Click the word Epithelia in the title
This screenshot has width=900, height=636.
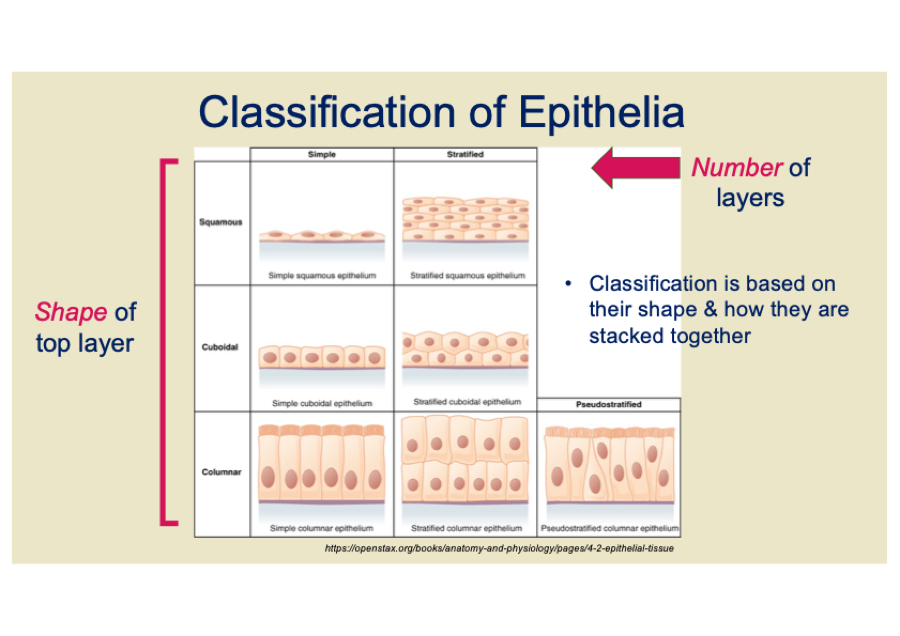(601, 113)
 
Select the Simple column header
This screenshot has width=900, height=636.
(322, 154)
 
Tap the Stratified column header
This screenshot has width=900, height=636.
(466, 154)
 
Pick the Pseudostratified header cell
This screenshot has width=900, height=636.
(609, 405)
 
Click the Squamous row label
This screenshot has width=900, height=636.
(220, 222)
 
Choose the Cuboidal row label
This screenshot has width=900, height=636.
(220, 347)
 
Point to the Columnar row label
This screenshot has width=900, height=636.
(222, 472)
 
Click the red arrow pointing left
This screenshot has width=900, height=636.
(636, 168)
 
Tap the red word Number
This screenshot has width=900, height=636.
(737, 167)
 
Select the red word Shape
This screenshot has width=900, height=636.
(71, 312)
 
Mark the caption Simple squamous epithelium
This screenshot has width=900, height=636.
(322, 276)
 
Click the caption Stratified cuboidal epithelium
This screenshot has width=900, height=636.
(467, 402)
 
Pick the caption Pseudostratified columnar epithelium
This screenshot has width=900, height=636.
(609, 529)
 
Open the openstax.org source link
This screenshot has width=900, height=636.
(499, 548)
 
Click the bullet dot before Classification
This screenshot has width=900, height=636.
(568, 284)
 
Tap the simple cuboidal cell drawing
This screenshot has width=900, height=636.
(322, 357)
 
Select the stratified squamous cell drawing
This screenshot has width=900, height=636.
(466, 220)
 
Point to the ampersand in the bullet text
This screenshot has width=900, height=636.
(710, 309)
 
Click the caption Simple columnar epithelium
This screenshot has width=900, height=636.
(322, 529)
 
